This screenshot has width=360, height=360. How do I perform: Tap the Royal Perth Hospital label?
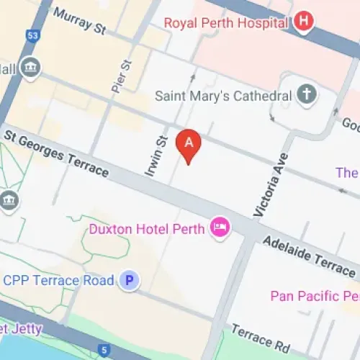(x=226, y=22)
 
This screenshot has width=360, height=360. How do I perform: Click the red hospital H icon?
(x=305, y=22)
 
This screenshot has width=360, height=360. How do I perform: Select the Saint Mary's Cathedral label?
(x=223, y=96)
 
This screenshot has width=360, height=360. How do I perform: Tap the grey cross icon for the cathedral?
(x=306, y=95)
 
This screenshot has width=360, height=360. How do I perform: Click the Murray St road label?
(x=79, y=21)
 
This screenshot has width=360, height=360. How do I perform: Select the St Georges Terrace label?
(x=55, y=153)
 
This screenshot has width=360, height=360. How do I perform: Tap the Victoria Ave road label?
(x=270, y=185)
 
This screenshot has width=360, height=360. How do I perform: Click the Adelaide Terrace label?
(x=308, y=256)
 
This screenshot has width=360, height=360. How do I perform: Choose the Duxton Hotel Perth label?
(x=147, y=230)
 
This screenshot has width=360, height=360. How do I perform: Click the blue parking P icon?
(x=130, y=281)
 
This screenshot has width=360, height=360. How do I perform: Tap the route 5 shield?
(x=104, y=351)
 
